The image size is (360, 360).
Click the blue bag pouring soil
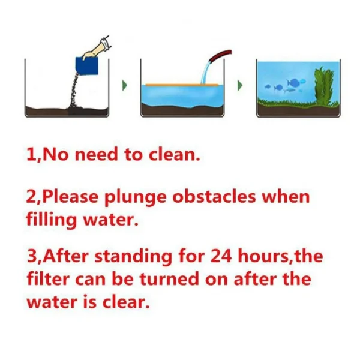coord(87,66)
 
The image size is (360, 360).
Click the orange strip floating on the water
coord(182,85)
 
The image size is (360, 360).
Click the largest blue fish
coord(293,82)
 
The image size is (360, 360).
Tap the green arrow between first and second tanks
coord(125,85)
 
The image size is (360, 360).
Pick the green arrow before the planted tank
coord(240,85)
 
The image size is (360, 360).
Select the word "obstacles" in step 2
coord(214,197)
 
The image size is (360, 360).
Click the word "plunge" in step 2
coord(135,198)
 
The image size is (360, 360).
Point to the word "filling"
coord(52,220)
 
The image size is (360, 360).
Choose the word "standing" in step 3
coord(133,257)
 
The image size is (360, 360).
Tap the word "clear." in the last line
coord(126,302)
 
